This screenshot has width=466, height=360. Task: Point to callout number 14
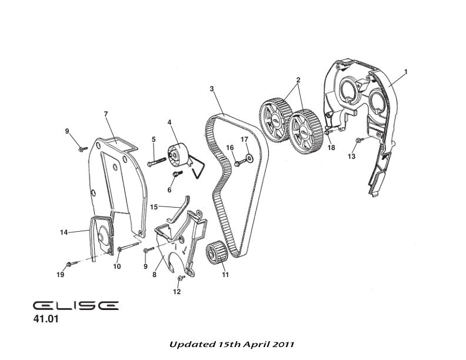[x=64, y=232]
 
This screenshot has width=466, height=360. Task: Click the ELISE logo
[x=75, y=305]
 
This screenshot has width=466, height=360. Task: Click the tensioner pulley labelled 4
[x=178, y=156]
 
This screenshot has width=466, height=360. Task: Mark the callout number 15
[x=154, y=207]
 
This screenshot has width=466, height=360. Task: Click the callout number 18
[x=331, y=148]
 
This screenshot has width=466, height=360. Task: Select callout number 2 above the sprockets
[x=298, y=79]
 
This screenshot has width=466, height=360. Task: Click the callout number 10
[x=116, y=266]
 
